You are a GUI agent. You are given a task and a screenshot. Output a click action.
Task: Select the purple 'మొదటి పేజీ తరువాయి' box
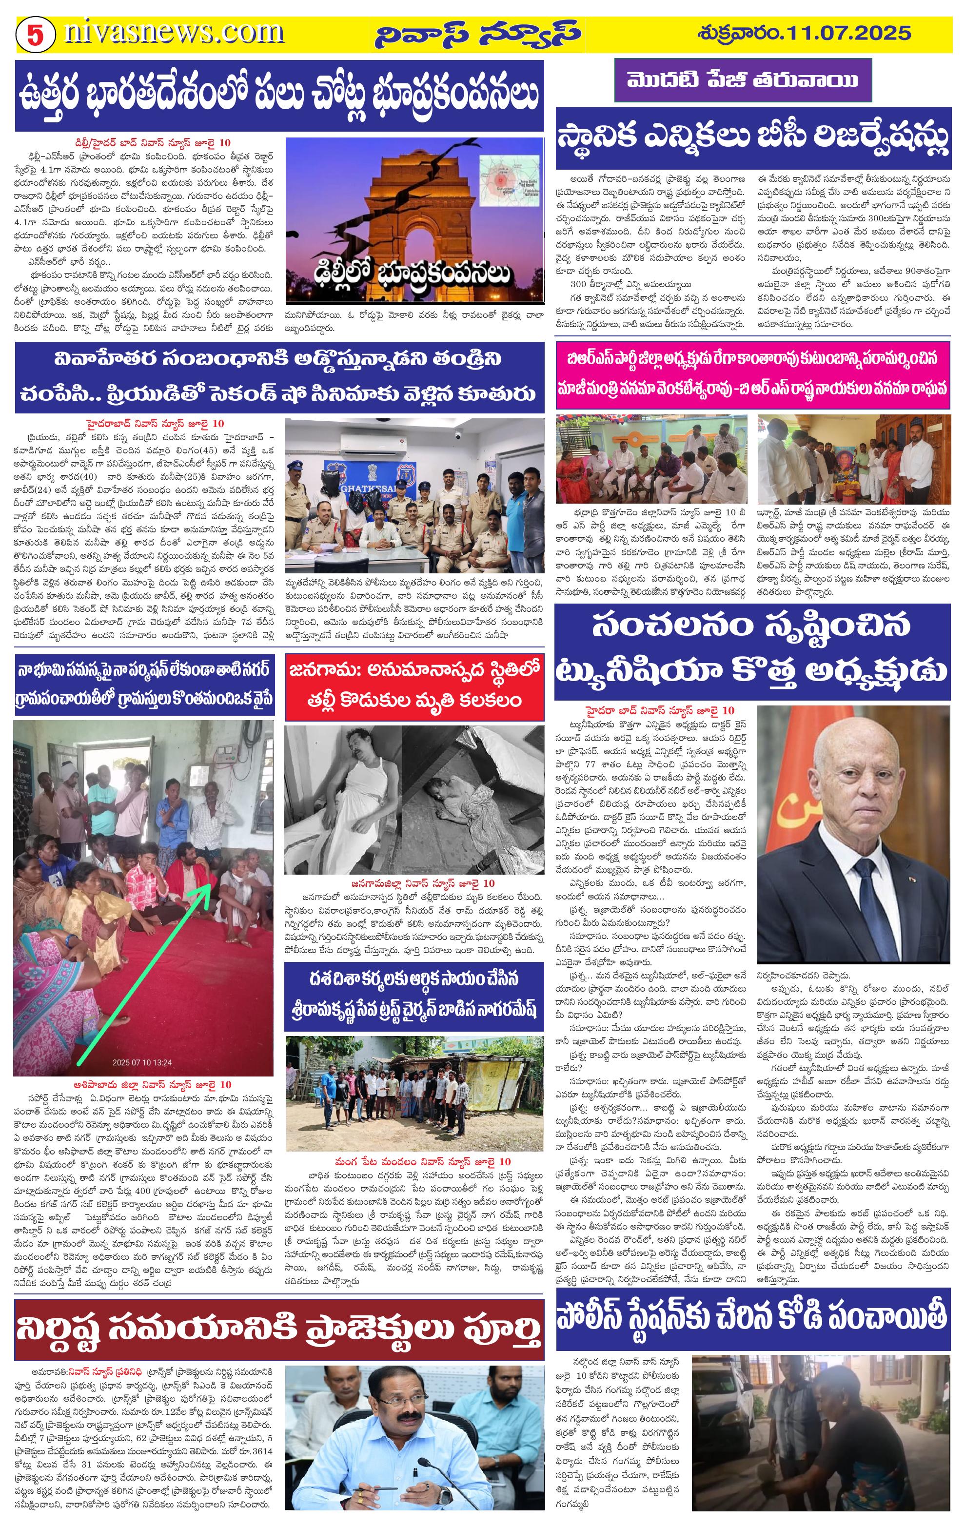[743, 80]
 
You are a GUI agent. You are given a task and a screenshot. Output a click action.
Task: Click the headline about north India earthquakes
[279, 95]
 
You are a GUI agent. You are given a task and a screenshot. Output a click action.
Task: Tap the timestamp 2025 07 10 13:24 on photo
[142, 1063]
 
